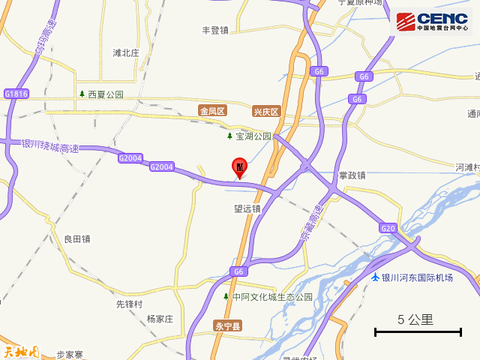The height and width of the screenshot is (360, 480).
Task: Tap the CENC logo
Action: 433,22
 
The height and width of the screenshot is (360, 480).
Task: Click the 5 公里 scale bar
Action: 418,331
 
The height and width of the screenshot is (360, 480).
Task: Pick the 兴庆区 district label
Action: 265,112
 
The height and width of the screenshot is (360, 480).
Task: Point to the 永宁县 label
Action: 227,325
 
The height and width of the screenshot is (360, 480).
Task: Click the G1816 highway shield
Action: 16,94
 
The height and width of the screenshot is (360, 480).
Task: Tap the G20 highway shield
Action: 388,228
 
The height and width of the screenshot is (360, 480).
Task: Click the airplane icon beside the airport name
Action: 375,277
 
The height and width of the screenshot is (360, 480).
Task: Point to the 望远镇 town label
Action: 247,208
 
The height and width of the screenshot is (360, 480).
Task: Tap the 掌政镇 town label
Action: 352,175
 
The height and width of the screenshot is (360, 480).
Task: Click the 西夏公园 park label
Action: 105,94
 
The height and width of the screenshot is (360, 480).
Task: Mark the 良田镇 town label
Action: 77,238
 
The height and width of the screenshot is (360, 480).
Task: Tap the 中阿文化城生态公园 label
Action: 272,297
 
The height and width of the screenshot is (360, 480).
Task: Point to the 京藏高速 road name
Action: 312,223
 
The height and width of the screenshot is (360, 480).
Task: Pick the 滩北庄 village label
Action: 126,52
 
